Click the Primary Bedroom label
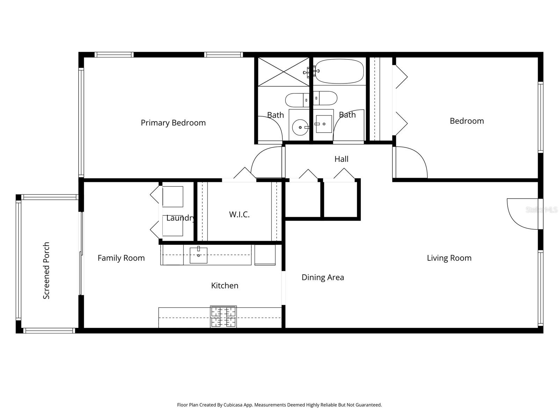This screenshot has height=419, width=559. click(173, 123)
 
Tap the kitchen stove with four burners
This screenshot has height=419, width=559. click(223, 317)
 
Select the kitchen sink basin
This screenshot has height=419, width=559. click(198, 255)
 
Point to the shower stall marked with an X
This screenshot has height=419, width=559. click(283, 72)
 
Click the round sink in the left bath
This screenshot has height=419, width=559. click(300, 127)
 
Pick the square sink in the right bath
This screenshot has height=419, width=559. click(324, 124)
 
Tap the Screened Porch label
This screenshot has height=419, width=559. click(46, 271)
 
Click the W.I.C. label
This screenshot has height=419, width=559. click(239, 214)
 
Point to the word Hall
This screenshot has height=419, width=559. click(341, 159)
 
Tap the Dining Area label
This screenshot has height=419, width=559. click(322, 277)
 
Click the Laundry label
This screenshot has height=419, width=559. click(180, 218)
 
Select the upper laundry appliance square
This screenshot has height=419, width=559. click(173, 197)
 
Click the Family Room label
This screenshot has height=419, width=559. click(121, 258)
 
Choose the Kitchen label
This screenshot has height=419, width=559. click(225, 286)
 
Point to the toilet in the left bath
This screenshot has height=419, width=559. click(297, 100)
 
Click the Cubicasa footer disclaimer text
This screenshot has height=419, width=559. click(279, 405)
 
